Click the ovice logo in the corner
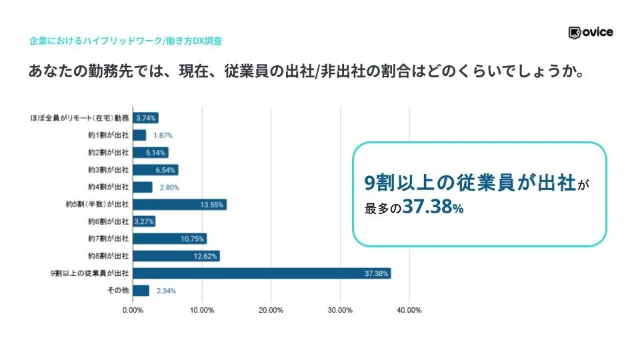[591, 32]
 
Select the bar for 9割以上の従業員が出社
[261, 273]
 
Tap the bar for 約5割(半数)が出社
[179, 205]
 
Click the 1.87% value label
[164, 135]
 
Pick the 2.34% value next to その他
[166, 291]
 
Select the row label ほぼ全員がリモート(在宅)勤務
[80, 118]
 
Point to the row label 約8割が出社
[108, 256]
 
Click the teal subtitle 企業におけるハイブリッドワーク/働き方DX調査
[125, 41]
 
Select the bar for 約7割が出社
[169, 239]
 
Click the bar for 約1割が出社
[139, 135]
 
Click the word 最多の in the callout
[383, 209]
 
